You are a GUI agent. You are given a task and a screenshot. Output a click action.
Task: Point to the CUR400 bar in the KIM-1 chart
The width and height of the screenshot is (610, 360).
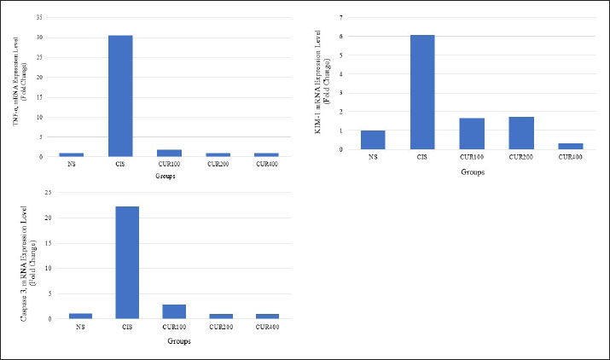click(570, 146)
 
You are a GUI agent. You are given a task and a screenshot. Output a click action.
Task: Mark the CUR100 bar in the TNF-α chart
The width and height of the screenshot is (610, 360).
click(169, 153)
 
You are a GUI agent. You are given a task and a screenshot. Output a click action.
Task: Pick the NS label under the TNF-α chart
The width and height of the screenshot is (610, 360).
click(71, 165)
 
